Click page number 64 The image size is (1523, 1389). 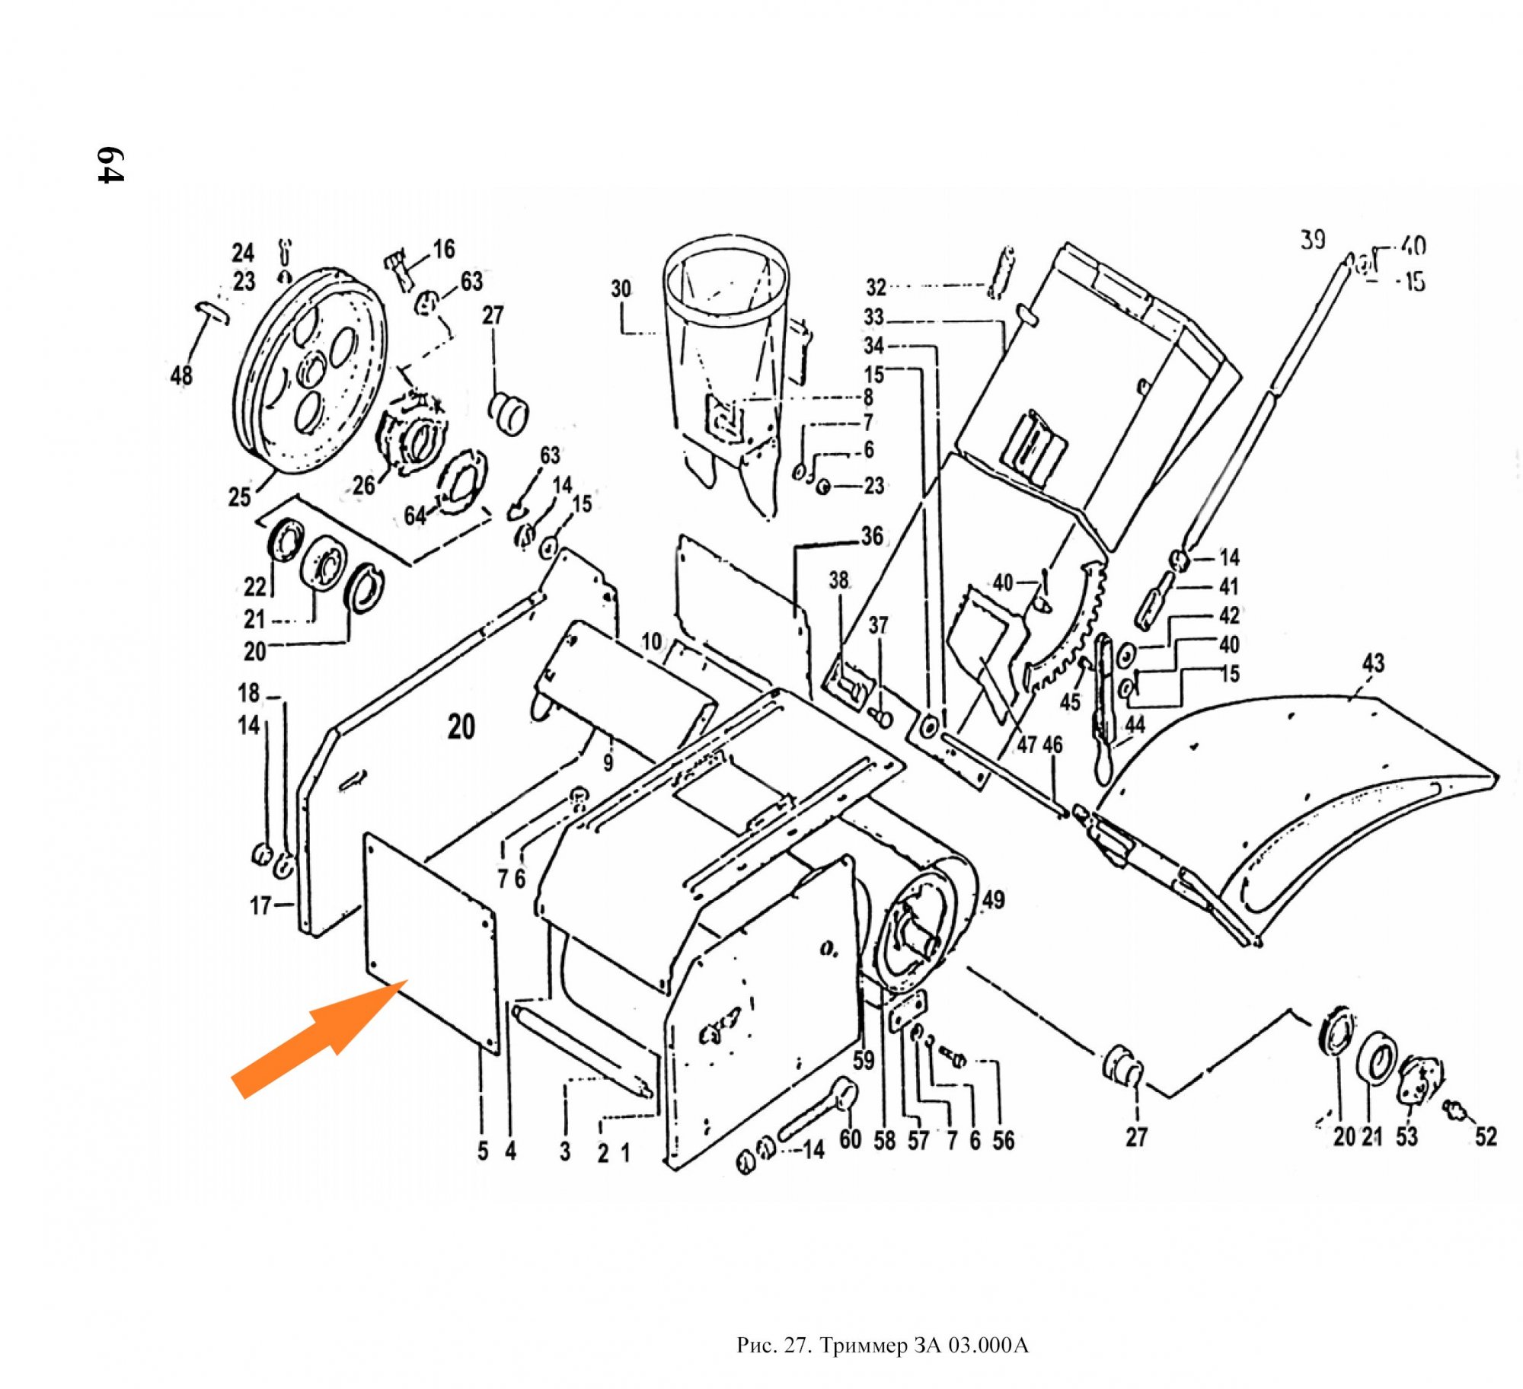tap(110, 164)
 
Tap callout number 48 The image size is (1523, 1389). tap(181, 375)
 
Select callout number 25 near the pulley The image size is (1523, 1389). tap(240, 497)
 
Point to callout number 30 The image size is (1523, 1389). tap(621, 289)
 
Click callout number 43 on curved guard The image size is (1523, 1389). tap(1373, 663)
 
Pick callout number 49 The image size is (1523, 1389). tap(993, 900)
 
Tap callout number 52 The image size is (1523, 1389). tap(1486, 1136)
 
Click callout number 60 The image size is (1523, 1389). tap(850, 1139)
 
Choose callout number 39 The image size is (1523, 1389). tap(1312, 241)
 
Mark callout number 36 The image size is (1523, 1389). tap(872, 536)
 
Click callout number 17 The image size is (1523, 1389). tap(260, 905)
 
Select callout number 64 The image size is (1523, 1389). tap(415, 516)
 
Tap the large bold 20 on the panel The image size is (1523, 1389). tap(461, 726)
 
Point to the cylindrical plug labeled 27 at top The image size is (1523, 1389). tap(508, 413)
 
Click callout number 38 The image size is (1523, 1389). tap(838, 580)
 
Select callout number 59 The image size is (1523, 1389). tap(864, 1060)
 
